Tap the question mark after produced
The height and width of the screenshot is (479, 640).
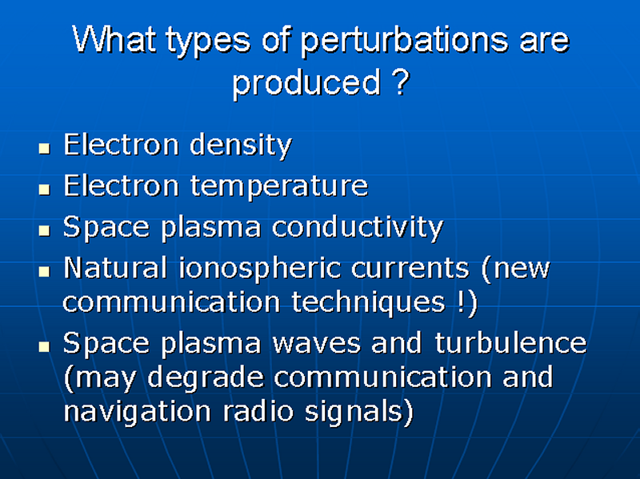coord(402,82)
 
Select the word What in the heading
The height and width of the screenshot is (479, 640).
coord(114,38)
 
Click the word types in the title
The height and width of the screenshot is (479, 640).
coord(208,42)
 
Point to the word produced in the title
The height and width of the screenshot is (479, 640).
coord(307,84)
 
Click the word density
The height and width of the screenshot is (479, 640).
coord(241,146)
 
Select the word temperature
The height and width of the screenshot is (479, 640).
coord(279,186)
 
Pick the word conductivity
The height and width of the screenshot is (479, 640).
coord(358,227)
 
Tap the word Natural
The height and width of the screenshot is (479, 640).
coord(115,268)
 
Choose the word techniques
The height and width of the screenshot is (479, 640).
coord(368,303)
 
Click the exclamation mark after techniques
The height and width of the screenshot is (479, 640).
coord(461,301)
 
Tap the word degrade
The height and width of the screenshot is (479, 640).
coord(206,377)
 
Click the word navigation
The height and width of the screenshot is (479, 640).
coord(137,412)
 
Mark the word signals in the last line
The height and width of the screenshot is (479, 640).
coord(354,412)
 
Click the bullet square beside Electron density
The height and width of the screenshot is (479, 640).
coord(45,148)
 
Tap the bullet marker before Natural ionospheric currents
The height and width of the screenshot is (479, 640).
coord(45,271)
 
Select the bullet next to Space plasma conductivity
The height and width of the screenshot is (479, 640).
coord(45,230)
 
